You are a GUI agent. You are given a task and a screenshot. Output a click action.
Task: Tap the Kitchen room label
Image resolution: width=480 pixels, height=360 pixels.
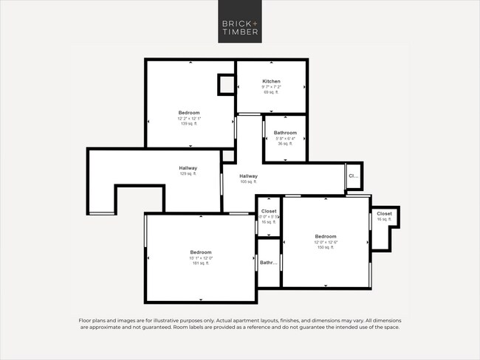point(272,81)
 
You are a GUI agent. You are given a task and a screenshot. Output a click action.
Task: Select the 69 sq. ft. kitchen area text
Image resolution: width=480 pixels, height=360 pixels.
point(272,92)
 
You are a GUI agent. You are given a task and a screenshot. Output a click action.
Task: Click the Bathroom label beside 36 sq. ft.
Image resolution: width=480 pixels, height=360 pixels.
point(285,133)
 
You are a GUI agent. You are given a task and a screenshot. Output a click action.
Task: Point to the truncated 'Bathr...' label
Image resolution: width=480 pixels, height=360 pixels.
point(268,263)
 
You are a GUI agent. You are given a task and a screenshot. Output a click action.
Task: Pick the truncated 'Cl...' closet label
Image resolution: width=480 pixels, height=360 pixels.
point(353,176)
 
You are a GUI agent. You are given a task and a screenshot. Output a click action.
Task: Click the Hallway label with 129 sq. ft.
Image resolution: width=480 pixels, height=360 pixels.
point(188,168)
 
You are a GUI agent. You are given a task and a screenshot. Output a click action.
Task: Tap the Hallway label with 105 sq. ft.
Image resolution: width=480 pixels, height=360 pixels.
point(248,176)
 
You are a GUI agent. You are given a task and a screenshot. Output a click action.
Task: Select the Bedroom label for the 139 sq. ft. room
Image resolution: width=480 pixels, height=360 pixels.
point(189,113)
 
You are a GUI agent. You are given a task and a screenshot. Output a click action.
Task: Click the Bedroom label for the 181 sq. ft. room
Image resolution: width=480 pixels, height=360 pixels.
point(201,252)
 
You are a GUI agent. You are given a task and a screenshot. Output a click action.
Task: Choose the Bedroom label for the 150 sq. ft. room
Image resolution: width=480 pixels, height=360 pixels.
point(326,237)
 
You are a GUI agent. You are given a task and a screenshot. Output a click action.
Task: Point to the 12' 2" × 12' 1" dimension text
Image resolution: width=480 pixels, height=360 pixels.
point(189,119)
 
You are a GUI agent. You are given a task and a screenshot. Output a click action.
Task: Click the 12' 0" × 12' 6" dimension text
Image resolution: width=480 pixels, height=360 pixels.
point(326,243)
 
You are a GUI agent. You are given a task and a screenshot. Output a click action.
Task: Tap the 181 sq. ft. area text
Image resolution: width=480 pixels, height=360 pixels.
point(201,263)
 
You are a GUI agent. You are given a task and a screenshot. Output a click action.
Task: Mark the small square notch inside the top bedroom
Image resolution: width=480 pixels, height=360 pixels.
point(225,84)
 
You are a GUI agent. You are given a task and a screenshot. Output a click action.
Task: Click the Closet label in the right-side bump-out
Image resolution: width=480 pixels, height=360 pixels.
point(385,214)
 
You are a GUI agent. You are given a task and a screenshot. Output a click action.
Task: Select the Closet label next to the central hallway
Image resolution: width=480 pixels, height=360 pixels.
point(269,211)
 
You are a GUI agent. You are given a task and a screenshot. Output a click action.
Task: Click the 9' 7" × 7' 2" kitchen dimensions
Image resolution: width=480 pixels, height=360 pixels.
point(272,87)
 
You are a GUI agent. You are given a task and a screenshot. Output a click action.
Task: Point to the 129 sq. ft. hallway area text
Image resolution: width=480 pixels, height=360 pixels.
point(188,174)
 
